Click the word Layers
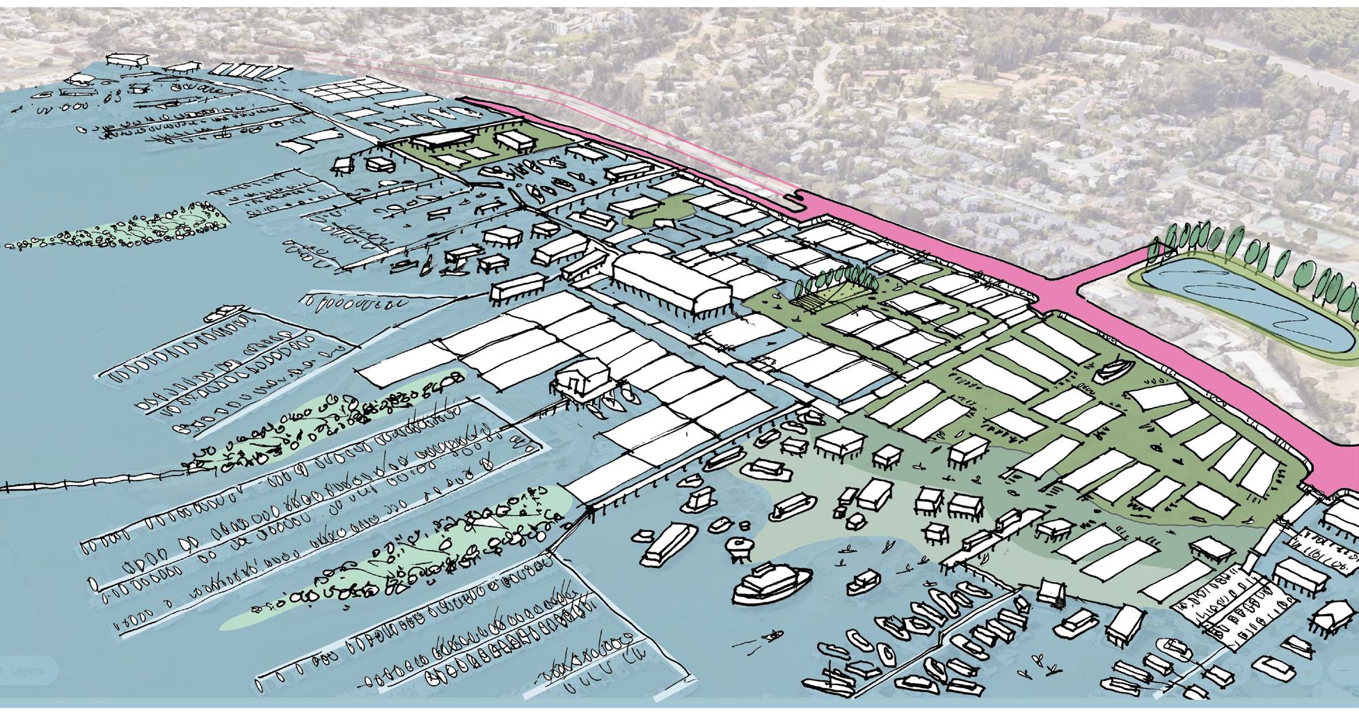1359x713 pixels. (27, 670)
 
